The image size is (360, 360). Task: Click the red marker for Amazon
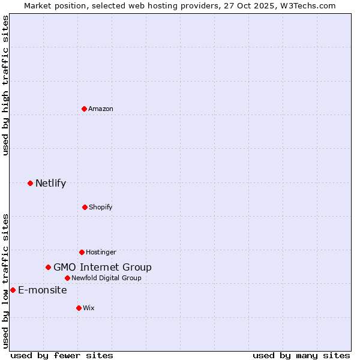(84, 109)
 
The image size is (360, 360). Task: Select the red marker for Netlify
(30, 183)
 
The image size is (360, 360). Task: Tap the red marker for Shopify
(85, 207)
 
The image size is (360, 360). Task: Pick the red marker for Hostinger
(82, 252)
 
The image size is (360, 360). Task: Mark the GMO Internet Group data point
(48, 267)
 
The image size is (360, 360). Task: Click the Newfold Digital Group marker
(67, 278)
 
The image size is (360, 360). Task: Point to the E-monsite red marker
(13, 290)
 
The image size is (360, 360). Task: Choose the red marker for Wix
(79, 308)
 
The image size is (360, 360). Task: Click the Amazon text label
(101, 109)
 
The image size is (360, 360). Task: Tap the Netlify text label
(50, 183)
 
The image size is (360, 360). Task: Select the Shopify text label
(101, 207)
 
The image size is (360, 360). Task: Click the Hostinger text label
(101, 252)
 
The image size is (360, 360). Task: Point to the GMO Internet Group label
(102, 267)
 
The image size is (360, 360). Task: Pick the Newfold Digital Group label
(106, 278)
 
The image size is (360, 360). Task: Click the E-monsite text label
(42, 290)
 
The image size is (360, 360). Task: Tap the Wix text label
(89, 308)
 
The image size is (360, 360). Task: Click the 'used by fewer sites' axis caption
(62, 355)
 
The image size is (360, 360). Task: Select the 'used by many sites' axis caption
(301, 355)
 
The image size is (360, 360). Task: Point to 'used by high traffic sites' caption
(5, 85)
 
